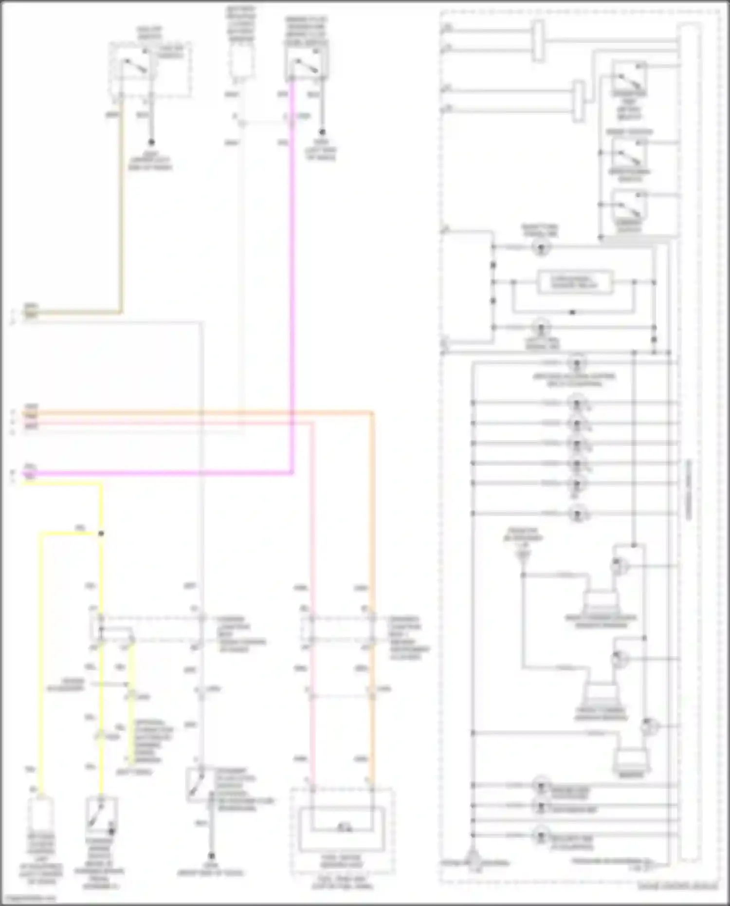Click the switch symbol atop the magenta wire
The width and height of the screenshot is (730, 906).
click(x=307, y=64)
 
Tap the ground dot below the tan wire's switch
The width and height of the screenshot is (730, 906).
click(x=151, y=142)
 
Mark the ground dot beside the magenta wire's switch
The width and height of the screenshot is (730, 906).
click(x=322, y=132)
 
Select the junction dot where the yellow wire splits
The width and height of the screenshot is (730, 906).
click(x=101, y=534)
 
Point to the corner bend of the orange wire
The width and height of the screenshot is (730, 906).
click(x=372, y=414)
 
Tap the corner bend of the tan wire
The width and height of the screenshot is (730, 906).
click(x=121, y=312)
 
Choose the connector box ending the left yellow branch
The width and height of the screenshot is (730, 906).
click(x=41, y=814)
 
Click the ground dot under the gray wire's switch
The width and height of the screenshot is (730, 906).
click(x=211, y=855)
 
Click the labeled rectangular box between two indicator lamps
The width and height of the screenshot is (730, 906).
click(x=574, y=282)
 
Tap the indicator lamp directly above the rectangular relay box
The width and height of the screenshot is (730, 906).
click(x=541, y=247)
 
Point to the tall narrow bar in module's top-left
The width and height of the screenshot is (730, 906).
click(x=538, y=41)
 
